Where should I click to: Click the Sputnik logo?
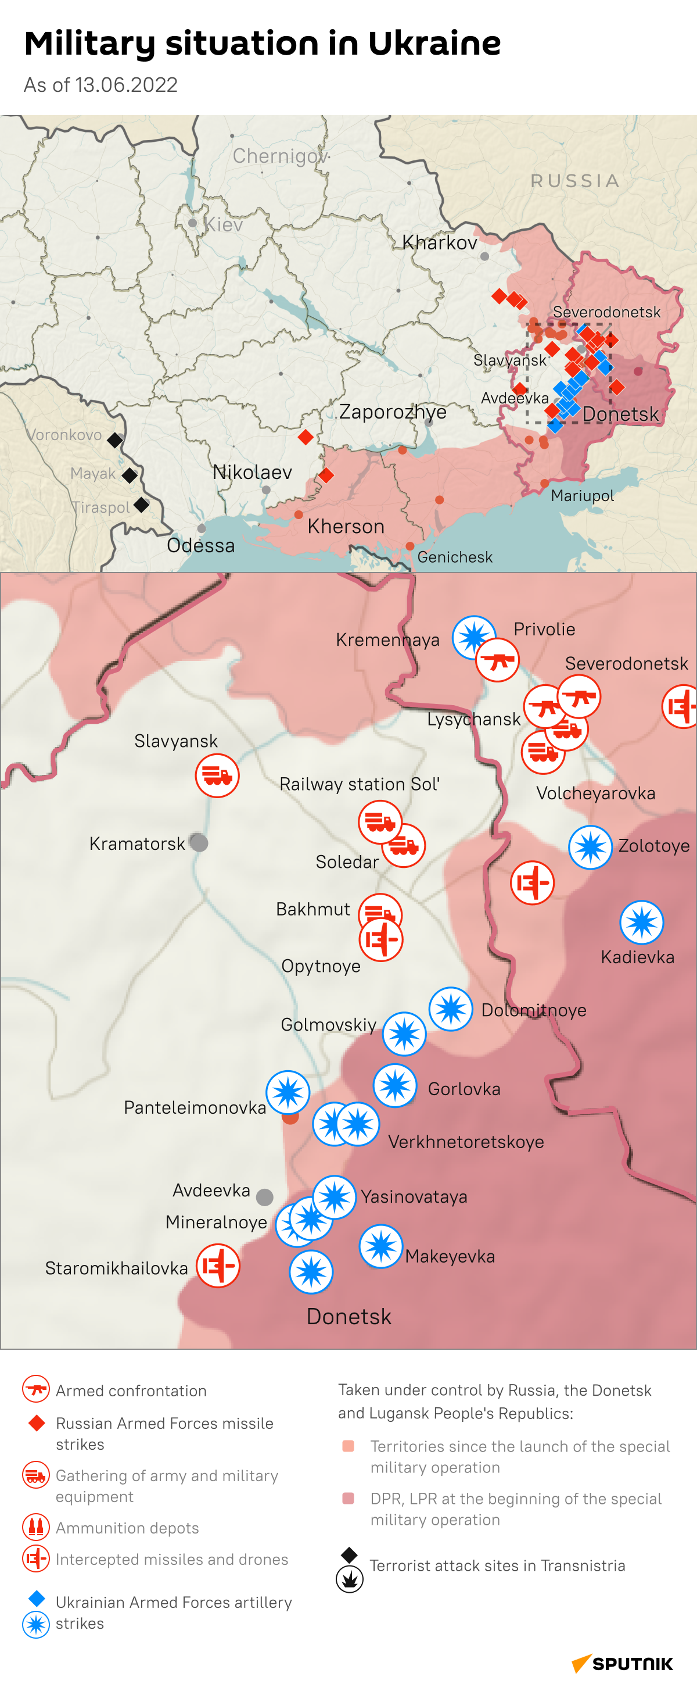[623, 1664]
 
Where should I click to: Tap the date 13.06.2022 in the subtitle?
[126, 85]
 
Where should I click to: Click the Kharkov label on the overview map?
[440, 242]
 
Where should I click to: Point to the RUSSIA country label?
[575, 181]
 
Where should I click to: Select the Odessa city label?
[200, 545]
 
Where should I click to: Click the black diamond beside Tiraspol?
[141, 505]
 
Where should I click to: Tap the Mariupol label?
[582, 496]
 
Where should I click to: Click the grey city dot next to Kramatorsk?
[199, 842]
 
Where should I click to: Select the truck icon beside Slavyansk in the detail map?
[217, 776]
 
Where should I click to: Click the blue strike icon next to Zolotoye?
[590, 847]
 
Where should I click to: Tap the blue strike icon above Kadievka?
[641, 922]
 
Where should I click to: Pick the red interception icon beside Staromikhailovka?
[218, 1266]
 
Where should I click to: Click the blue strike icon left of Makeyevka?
[381, 1246]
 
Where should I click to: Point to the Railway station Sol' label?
[359, 784]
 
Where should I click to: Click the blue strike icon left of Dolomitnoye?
[451, 1009]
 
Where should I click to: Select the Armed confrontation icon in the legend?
[35, 1389]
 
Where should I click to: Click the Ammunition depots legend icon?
[35, 1527]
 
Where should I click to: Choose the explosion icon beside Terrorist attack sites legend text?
[349, 1579]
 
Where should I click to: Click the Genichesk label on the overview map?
[455, 557]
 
